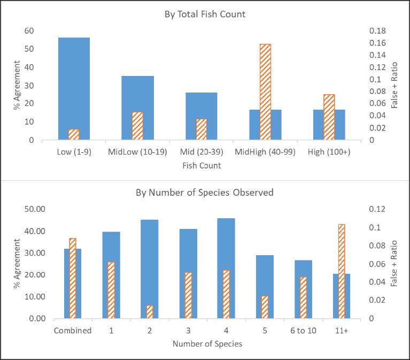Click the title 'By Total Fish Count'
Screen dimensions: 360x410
[205, 14]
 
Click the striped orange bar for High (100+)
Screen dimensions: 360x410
[329, 117]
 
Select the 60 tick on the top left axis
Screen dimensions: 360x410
[29, 31]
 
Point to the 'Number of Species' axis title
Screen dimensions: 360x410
[207, 344]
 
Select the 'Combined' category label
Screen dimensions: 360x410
[73, 331]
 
